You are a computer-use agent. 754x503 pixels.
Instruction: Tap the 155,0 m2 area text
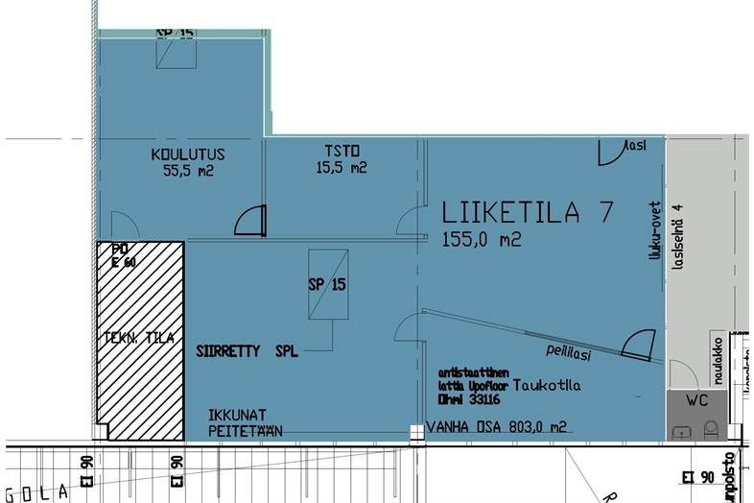[x=482, y=240]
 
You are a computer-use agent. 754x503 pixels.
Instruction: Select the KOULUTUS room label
[x=187, y=155]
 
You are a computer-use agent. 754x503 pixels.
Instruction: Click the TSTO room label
[x=342, y=150]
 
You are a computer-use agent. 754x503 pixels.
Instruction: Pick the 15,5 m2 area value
[x=342, y=168]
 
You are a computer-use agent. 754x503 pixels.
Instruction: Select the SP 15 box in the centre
[x=326, y=285]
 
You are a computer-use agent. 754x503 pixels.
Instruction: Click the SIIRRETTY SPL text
[x=247, y=351]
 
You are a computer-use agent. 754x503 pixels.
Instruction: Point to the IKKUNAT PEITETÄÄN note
[x=246, y=423]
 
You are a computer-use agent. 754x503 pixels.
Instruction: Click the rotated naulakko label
[x=716, y=356]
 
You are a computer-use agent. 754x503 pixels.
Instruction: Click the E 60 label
[x=123, y=259]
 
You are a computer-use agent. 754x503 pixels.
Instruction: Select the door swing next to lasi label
[x=611, y=153]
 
